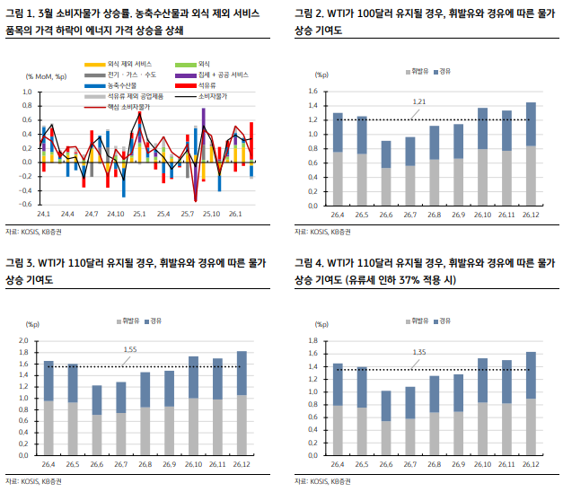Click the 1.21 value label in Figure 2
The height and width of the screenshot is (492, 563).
tap(418, 101)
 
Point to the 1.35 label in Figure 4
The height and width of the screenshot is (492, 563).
tap(418, 352)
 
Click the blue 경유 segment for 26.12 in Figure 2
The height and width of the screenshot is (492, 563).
tap(530, 124)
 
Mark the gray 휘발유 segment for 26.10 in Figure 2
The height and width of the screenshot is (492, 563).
tap(482, 177)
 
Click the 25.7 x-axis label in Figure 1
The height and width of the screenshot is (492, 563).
tap(188, 214)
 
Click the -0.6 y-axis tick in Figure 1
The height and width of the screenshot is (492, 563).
tap(25, 204)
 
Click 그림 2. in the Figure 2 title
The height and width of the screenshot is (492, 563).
tap(307, 14)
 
